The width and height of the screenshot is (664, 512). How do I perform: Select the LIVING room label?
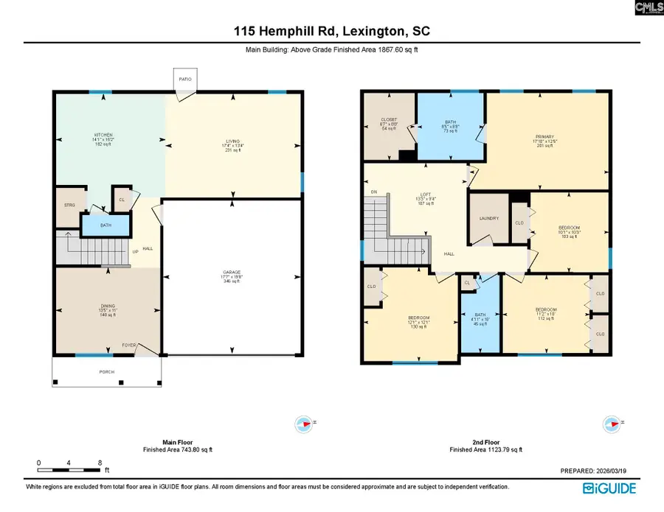[x=233, y=141]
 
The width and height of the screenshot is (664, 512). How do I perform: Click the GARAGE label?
[x=232, y=272]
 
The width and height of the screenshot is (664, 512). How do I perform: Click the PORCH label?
[x=107, y=372]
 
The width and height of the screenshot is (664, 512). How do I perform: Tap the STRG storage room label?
[x=70, y=206]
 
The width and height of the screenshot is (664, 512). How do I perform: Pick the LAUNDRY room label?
[x=488, y=219]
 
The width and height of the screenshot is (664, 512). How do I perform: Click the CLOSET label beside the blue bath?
[x=389, y=119]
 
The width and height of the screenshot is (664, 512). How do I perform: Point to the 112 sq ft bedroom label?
[x=546, y=309]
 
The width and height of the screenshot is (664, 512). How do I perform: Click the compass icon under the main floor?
[x=303, y=423]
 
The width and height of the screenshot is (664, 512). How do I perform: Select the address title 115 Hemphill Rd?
[x=331, y=32]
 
